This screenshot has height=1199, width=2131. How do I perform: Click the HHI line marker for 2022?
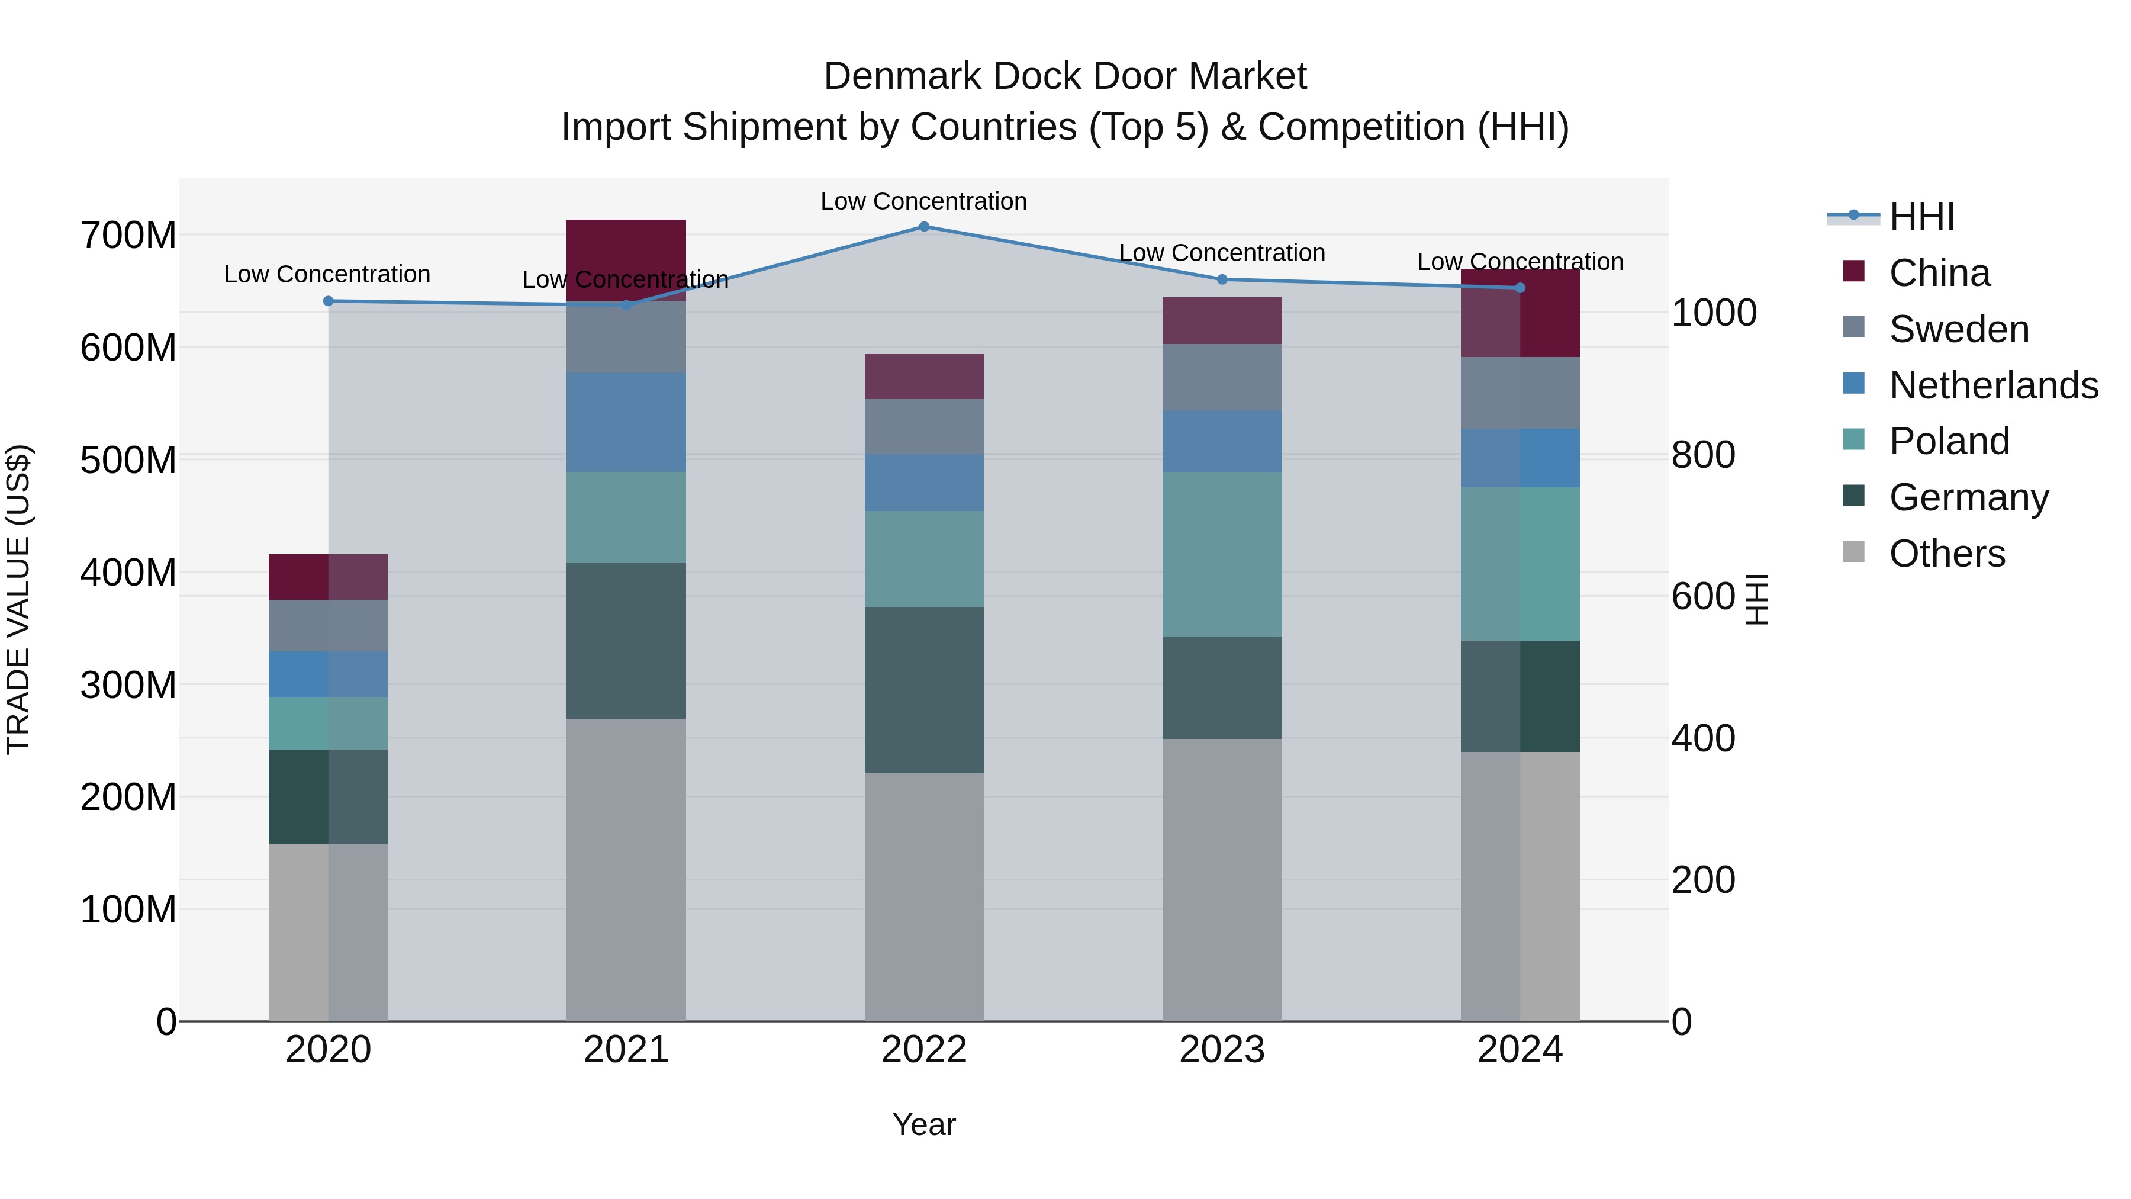coord(924,226)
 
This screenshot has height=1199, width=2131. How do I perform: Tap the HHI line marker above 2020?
coord(329,301)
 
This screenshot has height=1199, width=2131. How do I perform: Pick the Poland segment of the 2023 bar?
coord(1222,554)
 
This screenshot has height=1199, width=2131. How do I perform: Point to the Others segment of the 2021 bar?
coord(626,869)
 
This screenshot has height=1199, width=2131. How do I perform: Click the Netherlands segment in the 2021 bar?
coord(626,422)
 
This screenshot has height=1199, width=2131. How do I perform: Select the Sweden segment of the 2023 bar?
coord(1222,377)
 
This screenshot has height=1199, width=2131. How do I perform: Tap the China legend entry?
coord(1939,273)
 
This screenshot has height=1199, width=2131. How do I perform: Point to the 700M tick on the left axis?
coord(128,236)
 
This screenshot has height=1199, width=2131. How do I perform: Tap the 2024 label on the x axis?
coord(1520,1050)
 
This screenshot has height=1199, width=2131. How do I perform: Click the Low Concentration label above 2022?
coord(923,201)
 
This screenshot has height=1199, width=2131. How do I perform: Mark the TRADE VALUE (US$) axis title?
coord(18,599)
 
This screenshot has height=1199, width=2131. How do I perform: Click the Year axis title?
coord(923,1124)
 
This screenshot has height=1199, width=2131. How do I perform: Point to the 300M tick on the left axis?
coord(128,685)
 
